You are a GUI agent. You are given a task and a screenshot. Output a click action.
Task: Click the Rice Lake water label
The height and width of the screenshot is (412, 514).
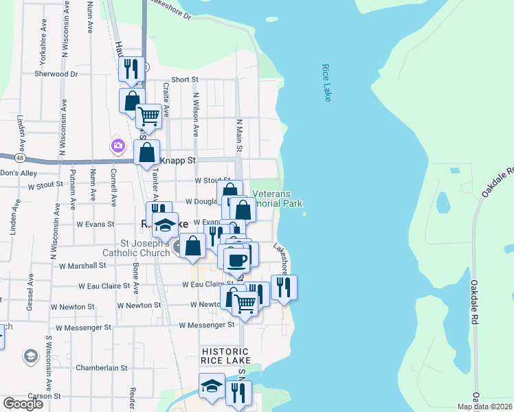pyautogui.click(x=326, y=83)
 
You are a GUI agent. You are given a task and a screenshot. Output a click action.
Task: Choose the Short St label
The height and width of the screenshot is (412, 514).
pyautogui.click(x=185, y=80)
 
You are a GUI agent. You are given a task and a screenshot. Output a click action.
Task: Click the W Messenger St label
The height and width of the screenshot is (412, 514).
pyautogui.click(x=206, y=325)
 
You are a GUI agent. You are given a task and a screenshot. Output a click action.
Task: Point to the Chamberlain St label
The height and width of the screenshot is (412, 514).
pyautogui.click(x=102, y=368)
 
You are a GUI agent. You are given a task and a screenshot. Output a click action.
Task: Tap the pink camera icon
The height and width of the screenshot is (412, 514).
pyautogui.click(x=118, y=146)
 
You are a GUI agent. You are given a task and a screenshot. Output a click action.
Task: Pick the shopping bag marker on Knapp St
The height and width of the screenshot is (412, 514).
pyautogui.click(x=147, y=153)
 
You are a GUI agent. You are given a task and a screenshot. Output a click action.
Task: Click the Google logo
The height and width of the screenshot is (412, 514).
pyautogui.click(x=23, y=404)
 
